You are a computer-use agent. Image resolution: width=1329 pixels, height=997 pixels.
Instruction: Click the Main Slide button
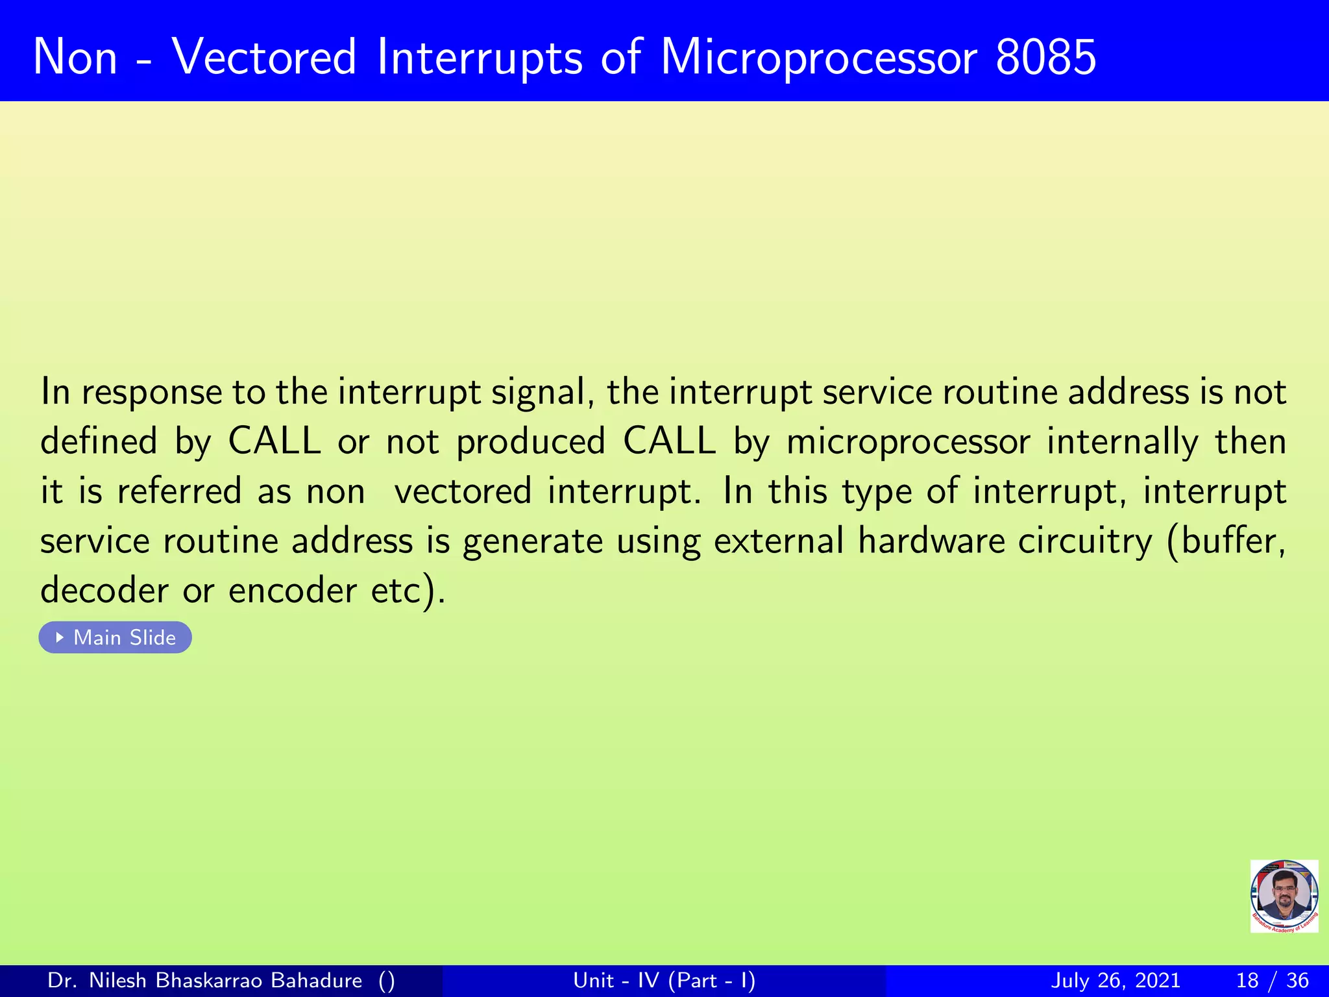116,637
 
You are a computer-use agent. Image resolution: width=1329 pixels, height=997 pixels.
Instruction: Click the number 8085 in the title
1045,57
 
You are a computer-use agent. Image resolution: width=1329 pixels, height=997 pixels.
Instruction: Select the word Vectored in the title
264,57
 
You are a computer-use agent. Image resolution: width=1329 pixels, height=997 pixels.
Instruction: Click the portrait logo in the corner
1284,896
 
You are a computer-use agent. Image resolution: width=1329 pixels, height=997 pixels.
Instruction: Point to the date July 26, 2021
1115,980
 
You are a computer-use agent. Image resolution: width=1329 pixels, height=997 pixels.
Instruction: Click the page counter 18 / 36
1272,980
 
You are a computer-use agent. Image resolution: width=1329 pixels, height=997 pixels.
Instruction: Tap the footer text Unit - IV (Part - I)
664,980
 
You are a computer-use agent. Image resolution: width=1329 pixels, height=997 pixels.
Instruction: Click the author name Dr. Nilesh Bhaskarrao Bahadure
205,980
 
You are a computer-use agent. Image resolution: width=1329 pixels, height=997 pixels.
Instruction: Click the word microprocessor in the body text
908,443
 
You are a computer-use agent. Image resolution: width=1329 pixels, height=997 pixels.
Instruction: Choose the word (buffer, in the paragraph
1226,541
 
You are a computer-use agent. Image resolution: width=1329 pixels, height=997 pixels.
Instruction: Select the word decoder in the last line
104,591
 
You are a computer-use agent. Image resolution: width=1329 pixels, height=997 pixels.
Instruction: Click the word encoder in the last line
292,591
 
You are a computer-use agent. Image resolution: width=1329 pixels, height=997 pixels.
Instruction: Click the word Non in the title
75,57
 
